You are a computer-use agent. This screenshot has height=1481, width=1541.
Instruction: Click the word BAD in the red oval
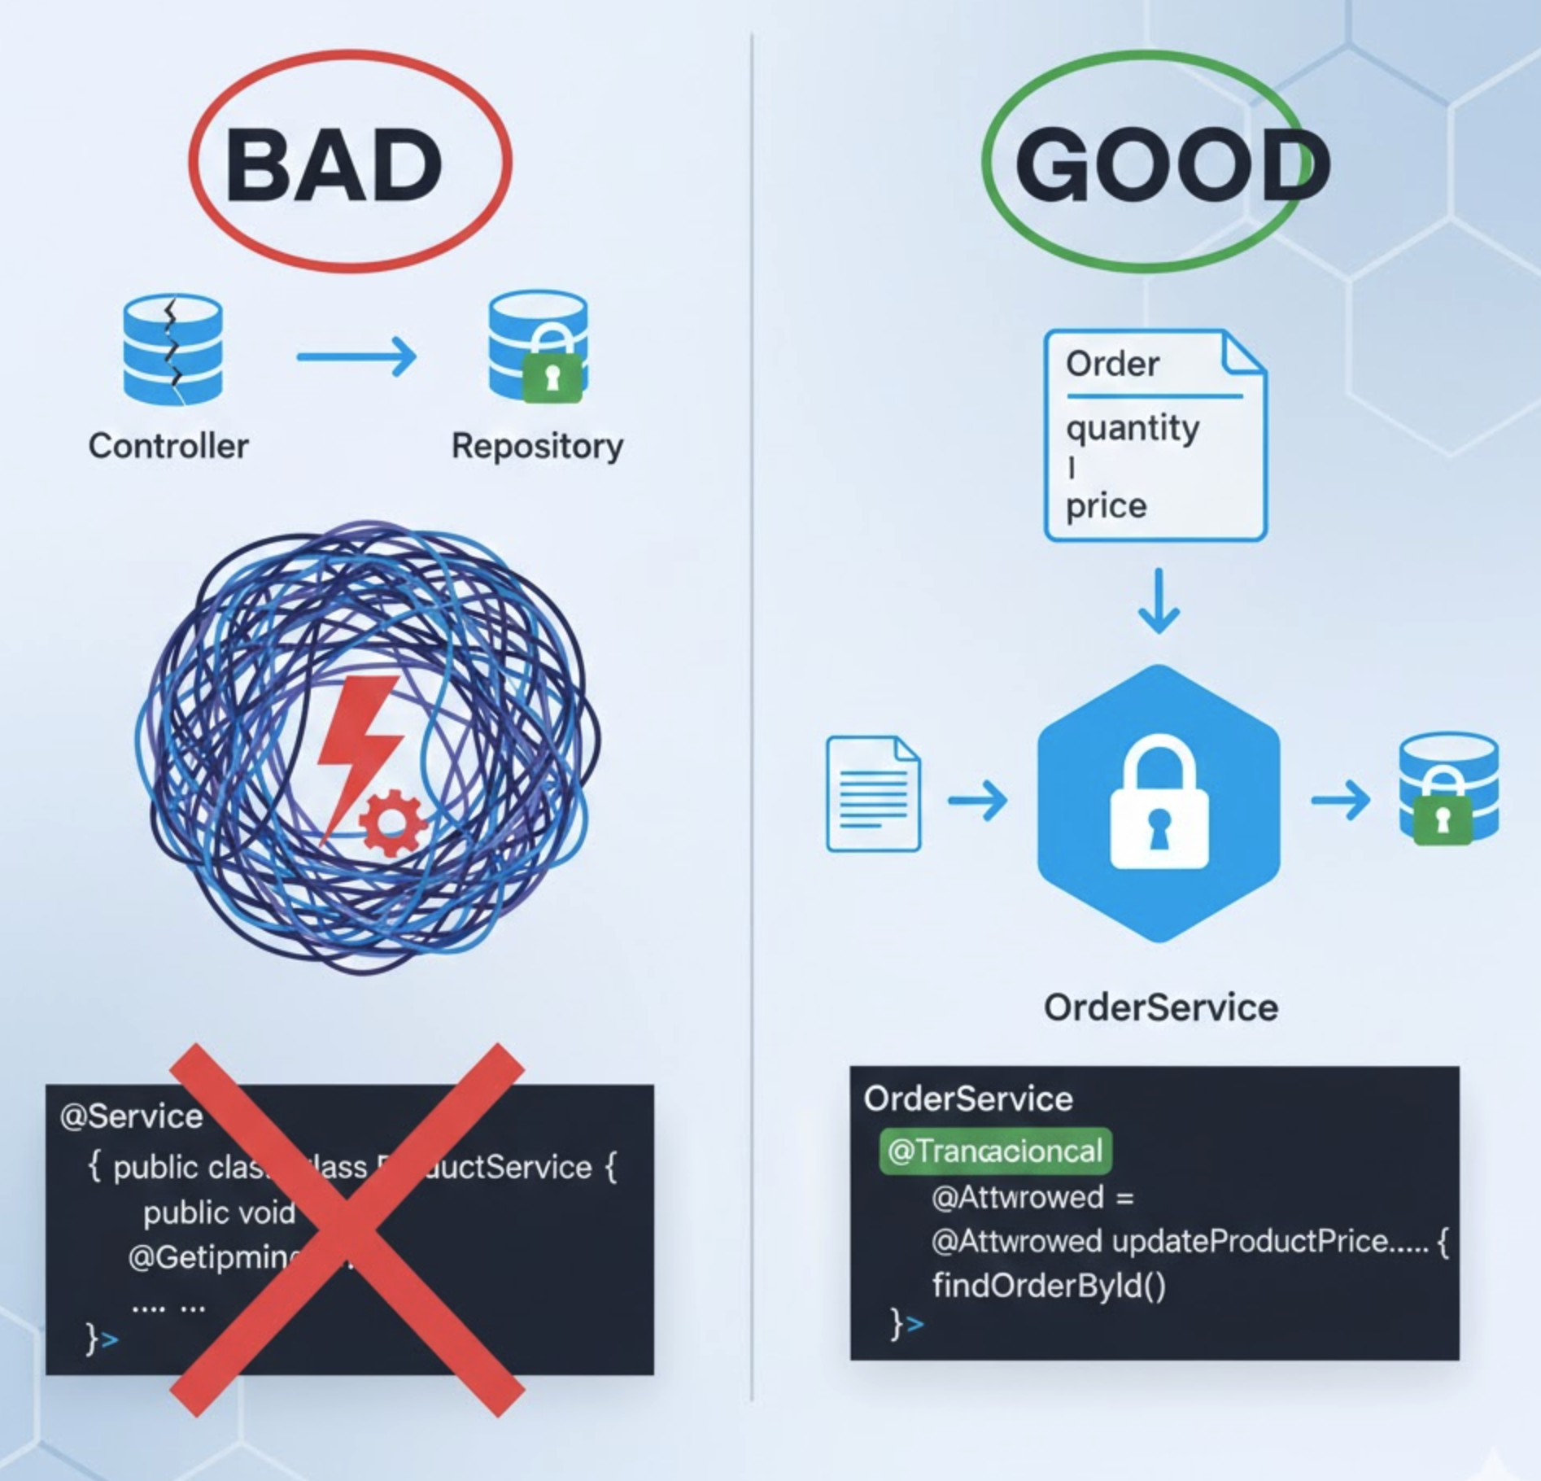334,166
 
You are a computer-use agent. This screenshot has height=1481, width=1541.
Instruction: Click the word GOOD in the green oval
1172,166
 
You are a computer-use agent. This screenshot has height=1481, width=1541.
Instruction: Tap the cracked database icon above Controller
172,350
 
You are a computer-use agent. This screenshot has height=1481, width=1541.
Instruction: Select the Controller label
168,446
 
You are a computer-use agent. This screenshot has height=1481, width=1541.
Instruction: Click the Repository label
537,446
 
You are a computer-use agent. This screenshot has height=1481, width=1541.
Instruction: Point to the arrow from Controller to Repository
356,356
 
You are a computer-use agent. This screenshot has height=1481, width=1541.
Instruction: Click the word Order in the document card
1112,364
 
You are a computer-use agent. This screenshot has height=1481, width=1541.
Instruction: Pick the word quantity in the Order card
1133,428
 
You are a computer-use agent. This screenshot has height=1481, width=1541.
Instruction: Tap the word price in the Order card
1107,506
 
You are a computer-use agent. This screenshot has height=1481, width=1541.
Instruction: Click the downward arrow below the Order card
1159,602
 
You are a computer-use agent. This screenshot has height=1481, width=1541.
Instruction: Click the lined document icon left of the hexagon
873,794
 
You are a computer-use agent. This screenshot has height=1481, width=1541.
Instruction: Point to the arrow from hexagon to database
1340,799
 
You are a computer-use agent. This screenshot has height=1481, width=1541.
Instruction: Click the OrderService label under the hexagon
1161,1007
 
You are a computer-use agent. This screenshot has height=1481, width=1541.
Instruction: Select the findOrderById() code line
1049,1286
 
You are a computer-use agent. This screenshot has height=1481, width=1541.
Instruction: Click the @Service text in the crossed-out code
131,1116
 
